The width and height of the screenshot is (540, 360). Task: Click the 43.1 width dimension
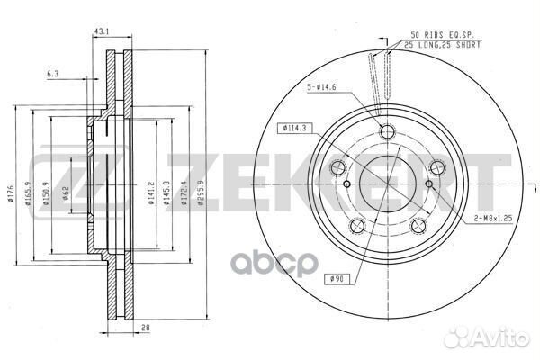pos(101,33)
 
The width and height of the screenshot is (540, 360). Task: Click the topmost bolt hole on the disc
pos(388,133)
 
